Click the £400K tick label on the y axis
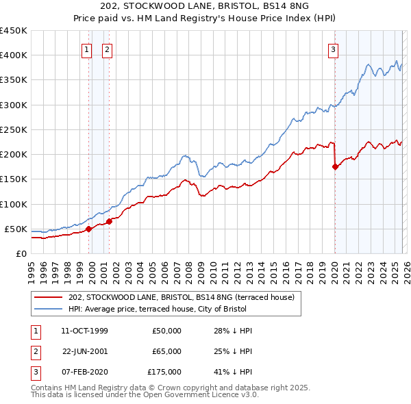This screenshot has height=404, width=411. [14, 55]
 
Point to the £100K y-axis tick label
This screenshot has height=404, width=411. [14, 204]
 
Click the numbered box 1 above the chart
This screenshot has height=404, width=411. [88, 49]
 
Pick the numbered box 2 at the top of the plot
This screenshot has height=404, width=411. [108, 49]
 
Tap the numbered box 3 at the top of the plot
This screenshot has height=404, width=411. [333, 49]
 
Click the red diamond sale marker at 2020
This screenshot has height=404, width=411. [335, 166]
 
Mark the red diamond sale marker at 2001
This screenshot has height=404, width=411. [109, 221]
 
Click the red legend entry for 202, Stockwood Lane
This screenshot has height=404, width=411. [181, 297]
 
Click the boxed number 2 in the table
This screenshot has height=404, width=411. [35, 351]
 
